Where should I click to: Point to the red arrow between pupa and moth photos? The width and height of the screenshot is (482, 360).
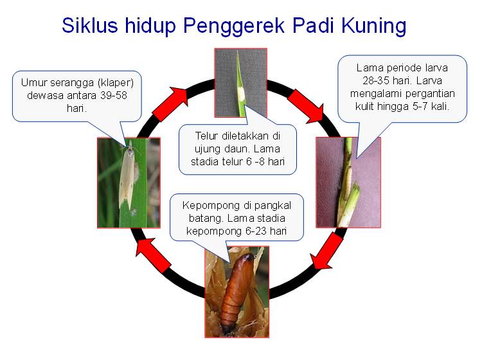[x=154, y=254]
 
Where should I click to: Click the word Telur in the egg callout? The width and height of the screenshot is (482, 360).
[x=208, y=136]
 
